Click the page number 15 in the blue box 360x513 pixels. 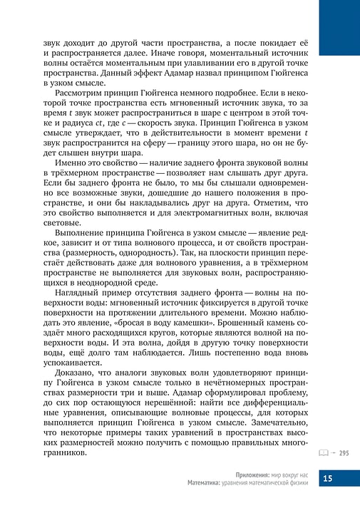pyautogui.click(x=328, y=479)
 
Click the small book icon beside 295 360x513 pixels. pyautogui.click(x=324, y=453)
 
